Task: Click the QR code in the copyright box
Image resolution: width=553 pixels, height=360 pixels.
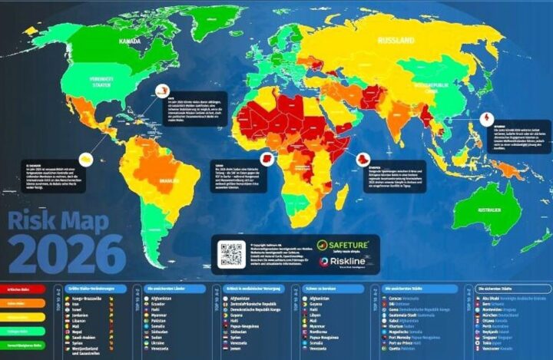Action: coord(230,254)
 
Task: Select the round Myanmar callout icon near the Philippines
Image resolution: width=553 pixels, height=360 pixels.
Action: coord(486,119)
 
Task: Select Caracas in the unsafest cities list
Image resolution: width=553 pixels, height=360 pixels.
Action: coord(402,297)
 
